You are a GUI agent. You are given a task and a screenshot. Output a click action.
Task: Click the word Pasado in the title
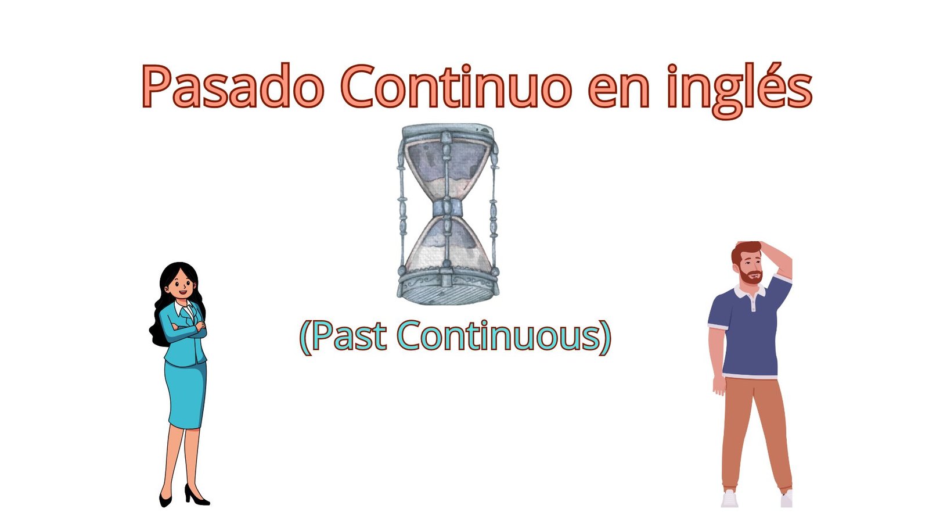[233, 87]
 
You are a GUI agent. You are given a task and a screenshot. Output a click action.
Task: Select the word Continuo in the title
[456, 87]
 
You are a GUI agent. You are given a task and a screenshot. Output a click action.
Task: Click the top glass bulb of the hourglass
[447, 170]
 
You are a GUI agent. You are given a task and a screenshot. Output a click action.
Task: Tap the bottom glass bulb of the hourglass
[447, 245]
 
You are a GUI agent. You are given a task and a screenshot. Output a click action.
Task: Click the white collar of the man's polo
[750, 292]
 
